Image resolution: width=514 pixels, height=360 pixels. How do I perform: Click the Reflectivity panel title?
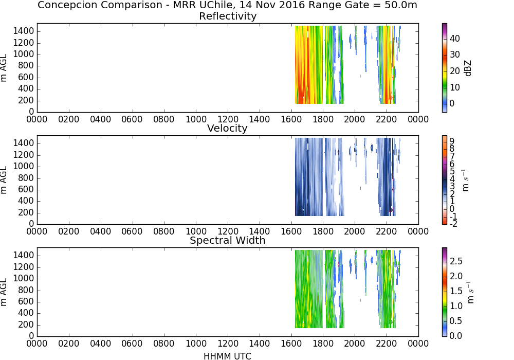point(228,16)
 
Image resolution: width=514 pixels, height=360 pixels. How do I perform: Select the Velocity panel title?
point(227,128)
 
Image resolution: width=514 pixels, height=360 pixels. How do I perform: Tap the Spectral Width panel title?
point(228,240)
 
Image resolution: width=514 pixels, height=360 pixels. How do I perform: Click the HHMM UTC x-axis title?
point(227,356)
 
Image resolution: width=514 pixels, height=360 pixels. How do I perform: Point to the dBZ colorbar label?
point(468,68)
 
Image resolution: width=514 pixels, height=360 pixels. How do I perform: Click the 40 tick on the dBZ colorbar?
point(455,39)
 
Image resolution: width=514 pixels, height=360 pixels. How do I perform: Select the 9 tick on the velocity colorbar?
point(452,141)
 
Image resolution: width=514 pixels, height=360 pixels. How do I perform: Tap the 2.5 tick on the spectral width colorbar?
point(456,261)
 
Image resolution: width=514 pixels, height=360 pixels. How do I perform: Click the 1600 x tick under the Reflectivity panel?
point(291,119)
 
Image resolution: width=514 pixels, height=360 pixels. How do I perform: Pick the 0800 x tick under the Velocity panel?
point(164,231)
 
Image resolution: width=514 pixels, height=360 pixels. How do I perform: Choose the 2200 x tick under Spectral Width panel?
point(387,344)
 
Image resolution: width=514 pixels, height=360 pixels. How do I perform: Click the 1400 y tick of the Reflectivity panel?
point(24,31)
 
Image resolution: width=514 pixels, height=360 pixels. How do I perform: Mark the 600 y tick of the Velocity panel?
point(26,189)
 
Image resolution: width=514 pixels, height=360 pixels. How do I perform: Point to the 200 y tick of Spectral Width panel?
point(26,325)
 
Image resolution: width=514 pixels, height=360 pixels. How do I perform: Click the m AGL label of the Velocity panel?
point(4,180)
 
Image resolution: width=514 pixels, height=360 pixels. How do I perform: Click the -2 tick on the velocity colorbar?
point(453,224)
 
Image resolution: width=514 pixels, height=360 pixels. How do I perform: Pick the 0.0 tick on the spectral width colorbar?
point(456,335)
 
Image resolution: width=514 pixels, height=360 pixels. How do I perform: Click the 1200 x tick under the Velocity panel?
point(228,231)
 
